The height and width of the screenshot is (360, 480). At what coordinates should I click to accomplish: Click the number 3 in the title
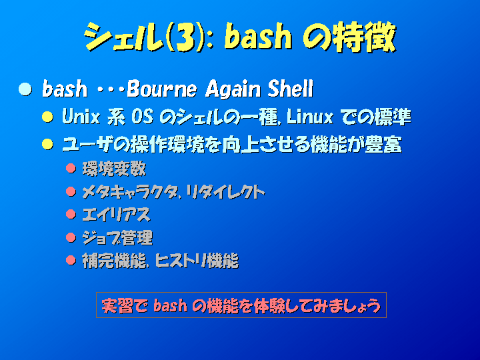tap(185, 37)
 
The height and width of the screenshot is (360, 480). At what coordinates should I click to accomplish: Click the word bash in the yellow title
tap(258, 37)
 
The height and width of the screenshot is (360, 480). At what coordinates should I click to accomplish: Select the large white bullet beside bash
tap(25, 89)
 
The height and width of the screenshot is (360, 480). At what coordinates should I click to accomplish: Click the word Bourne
tap(162, 89)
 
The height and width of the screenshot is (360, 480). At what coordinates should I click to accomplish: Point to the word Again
tap(233, 89)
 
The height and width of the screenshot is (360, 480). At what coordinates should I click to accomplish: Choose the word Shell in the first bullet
tap(291, 89)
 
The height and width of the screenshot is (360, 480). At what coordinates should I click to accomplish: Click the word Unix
tap(81, 117)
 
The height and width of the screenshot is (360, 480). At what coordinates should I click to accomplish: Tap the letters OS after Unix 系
tap(143, 117)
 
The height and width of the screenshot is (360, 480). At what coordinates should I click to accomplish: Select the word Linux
tap(310, 117)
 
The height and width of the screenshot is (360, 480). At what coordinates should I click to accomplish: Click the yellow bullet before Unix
tap(48, 117)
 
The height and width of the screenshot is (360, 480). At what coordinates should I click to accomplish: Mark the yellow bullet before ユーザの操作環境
tap(48, 144)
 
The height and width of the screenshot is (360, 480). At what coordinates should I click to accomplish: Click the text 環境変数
tap(114, 169)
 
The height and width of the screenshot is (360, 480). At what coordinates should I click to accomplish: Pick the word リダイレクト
tap(225, 192)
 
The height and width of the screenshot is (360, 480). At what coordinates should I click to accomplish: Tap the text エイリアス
tap(116, 215)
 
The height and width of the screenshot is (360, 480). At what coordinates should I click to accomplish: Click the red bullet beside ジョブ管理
tap(71, 237)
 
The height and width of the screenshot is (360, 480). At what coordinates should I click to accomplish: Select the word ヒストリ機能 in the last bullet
tap(197, 261)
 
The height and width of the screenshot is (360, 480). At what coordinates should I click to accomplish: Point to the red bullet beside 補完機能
tap(71, 261)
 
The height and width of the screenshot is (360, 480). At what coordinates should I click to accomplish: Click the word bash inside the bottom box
tap(170, 305)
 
